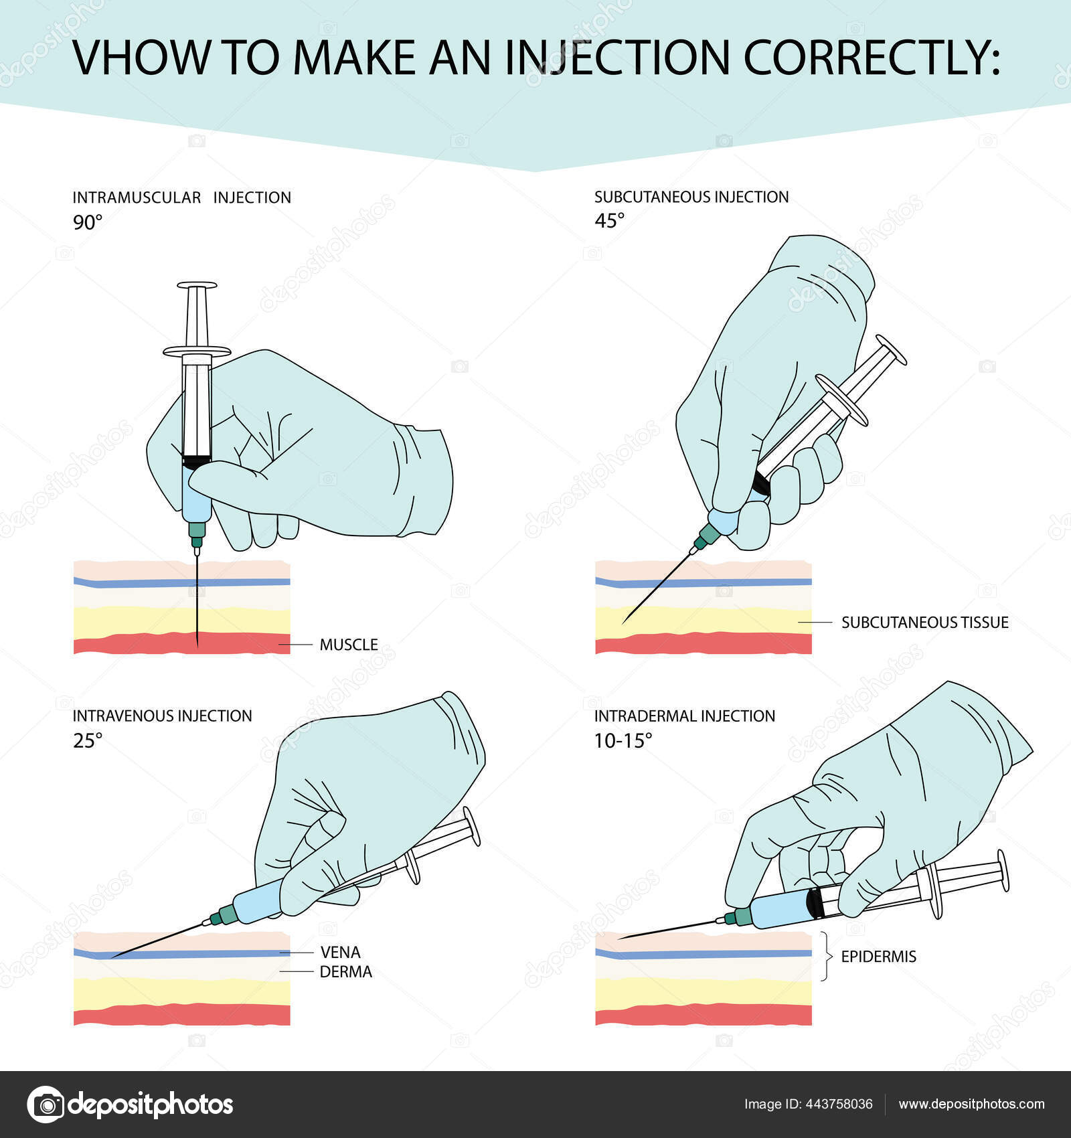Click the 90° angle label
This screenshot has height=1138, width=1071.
[x=88, y=222]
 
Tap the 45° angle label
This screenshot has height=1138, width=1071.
[x=609, y=220]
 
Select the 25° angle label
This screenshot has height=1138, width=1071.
[x=88, y=740]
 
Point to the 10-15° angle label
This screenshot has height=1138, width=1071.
[x=623, y=740]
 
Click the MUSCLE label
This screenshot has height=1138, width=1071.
[x=348, y=645]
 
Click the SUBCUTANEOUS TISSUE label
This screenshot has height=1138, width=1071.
[x=924, y=623]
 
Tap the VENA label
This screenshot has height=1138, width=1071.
[x=340, y=952]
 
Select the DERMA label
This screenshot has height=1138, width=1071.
[x=345, y=972]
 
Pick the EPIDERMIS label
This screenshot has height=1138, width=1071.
[x=878, y=957]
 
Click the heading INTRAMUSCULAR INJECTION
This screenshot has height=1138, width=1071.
[x=181, y=197]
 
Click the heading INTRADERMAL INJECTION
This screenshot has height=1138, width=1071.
[x=684, y=716]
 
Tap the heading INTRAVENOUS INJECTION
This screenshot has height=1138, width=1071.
[x=162, y=716]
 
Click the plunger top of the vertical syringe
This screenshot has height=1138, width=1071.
[x=197, y=286]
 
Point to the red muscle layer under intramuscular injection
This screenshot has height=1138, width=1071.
[x=134, y=644]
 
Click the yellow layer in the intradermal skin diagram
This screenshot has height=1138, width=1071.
[x=703, y=991]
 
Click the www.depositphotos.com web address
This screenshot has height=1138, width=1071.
[x=971, y=1105]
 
